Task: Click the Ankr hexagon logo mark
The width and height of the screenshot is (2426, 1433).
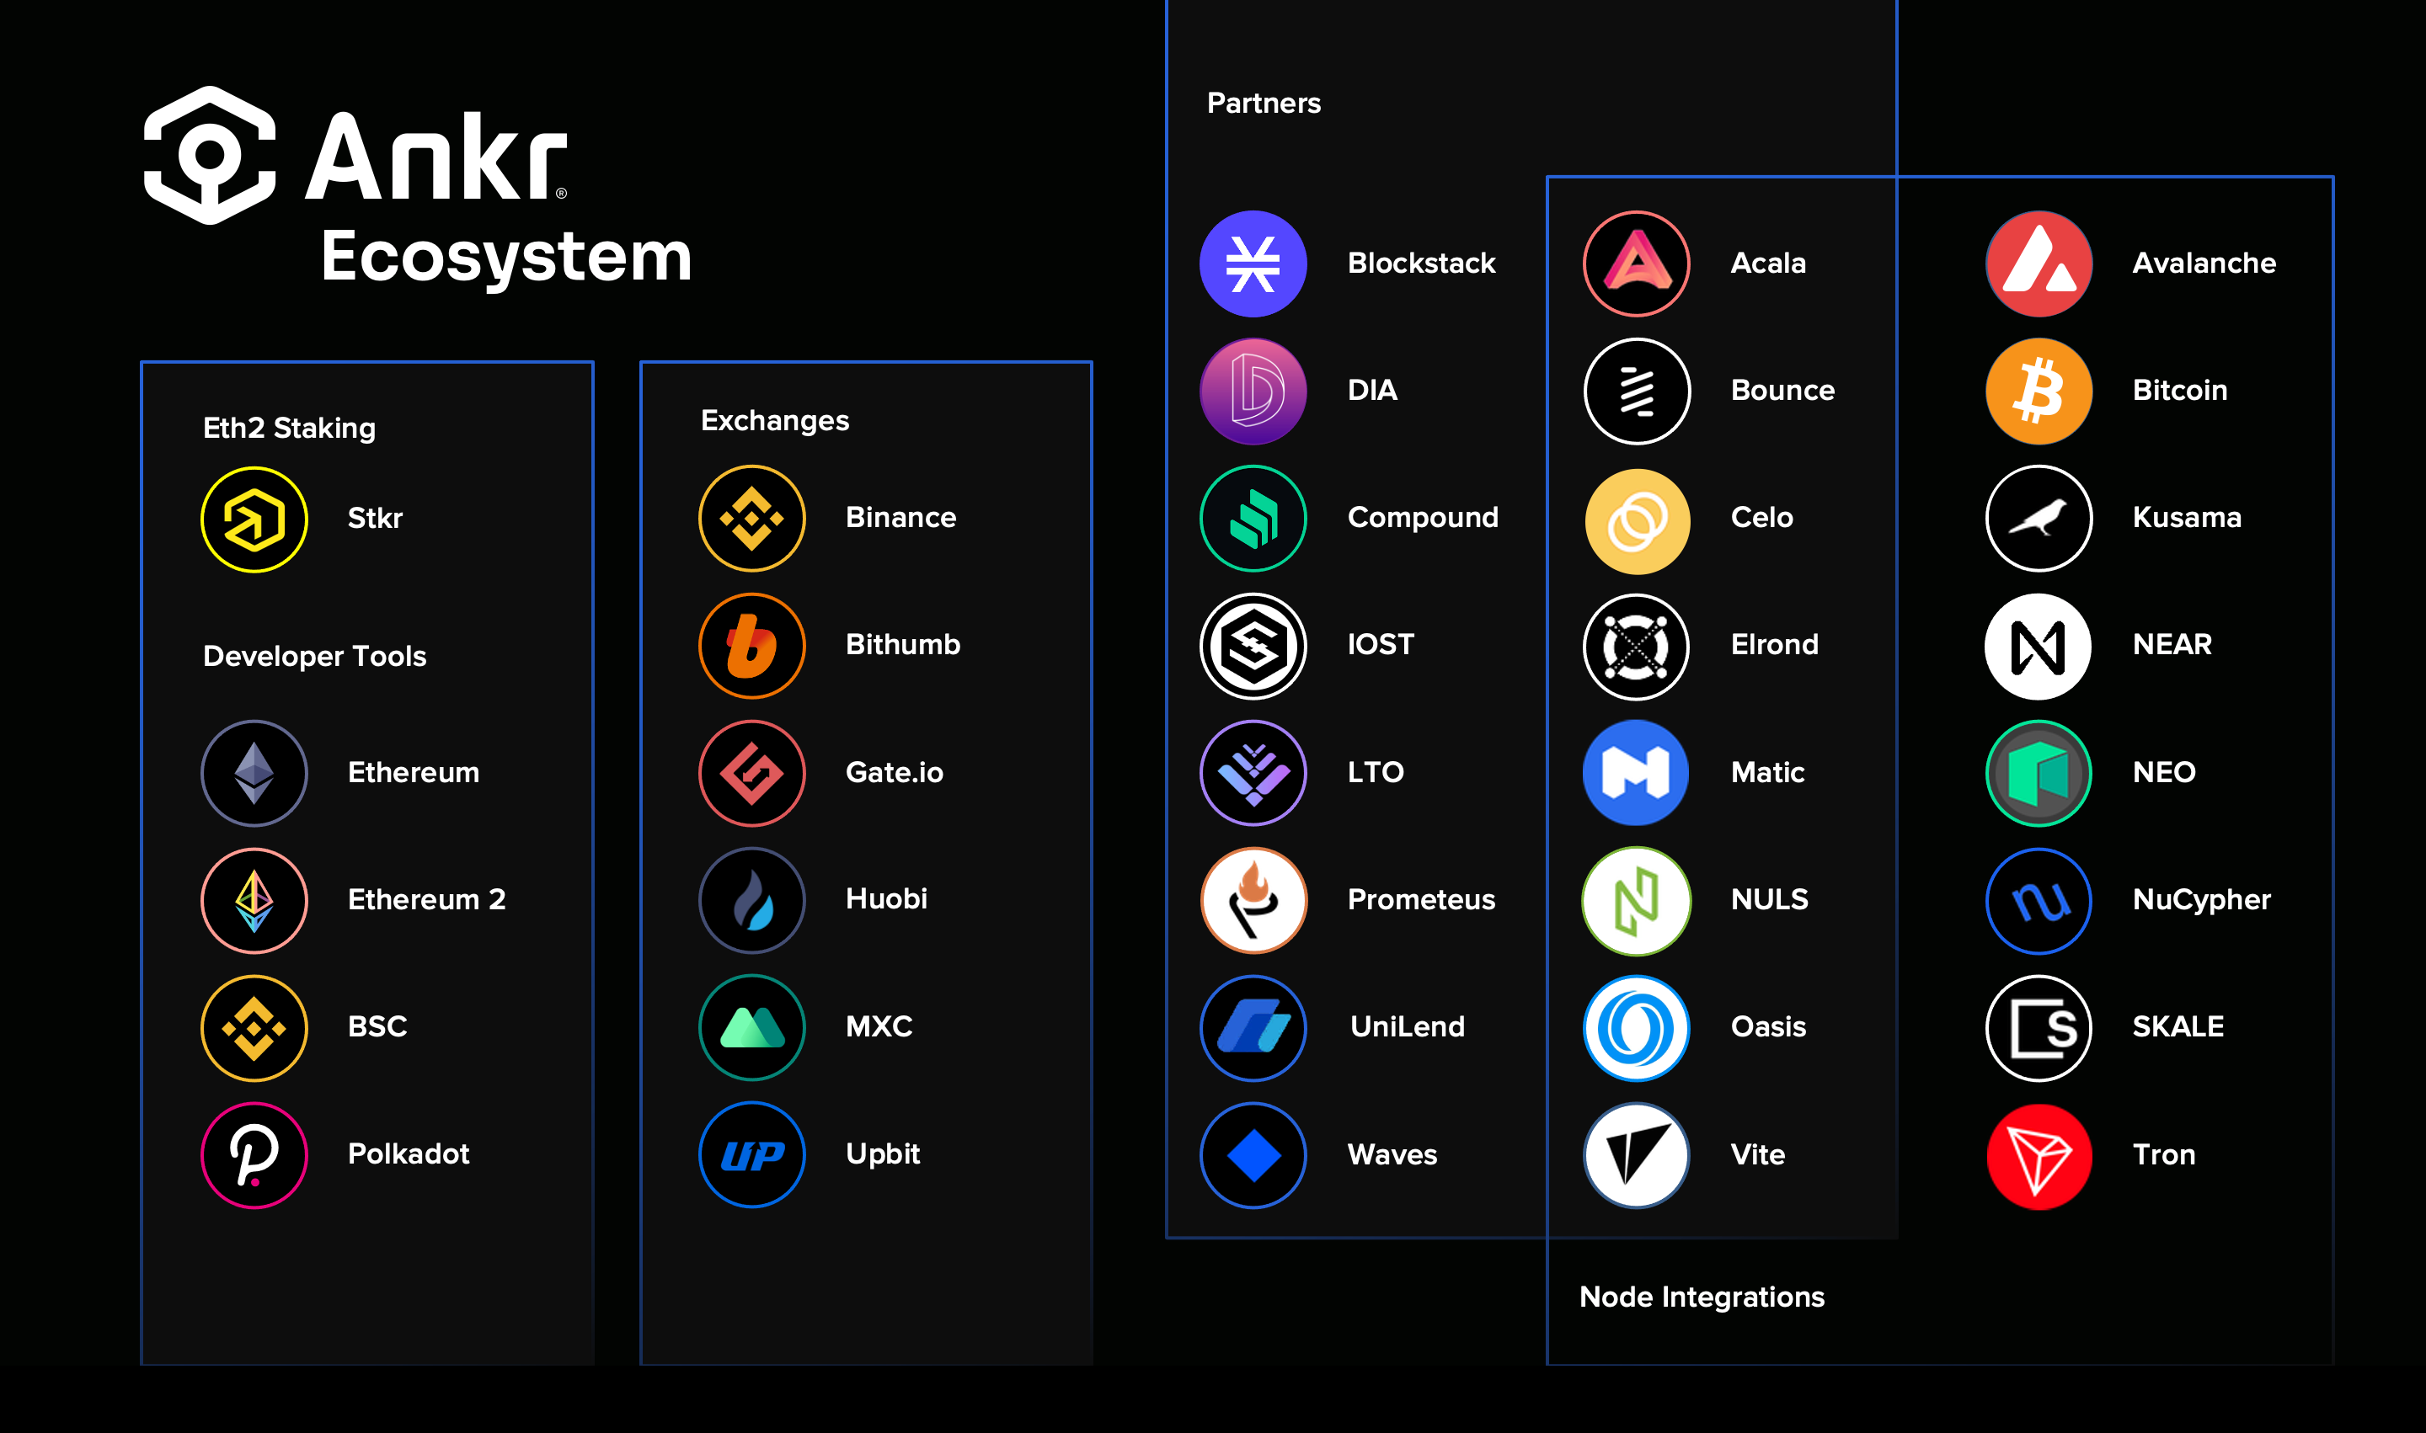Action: click(x=211, y=156)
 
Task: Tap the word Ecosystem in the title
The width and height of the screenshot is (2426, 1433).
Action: click(x=506, y=257)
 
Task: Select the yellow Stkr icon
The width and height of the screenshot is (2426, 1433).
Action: click(x=254, y=519)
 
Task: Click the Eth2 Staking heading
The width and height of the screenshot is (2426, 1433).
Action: click(x=289, y=428)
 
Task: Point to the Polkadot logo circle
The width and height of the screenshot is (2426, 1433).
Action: click(x=254, y=1155)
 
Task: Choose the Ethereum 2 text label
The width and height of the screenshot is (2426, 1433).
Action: click(x=427, y=899)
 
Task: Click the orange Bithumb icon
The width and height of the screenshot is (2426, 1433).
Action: click(x=751, y=645)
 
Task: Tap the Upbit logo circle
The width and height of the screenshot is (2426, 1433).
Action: click(x=751, y=1155)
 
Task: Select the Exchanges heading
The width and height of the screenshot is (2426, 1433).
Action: click(x=775, y=420)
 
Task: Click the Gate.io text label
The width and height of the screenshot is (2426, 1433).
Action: click(x=895, y=773)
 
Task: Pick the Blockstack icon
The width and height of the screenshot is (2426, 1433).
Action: click(x=1253, y=264)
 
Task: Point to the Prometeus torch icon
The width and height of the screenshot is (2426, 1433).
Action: click(x=1253, y=900)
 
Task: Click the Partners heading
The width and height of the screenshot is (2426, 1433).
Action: click(x=1264, y=104)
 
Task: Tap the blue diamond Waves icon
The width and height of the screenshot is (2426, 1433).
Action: click(x=1253, y=1155)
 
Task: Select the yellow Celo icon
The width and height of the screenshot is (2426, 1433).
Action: click(x=1637, y=520)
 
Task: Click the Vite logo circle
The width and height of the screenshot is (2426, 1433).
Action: click(x=1637, y=1155)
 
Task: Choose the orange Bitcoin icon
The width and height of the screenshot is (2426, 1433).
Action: click(x=2039, y=391)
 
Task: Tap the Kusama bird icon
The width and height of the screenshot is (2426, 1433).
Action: click(x=2039, y=519)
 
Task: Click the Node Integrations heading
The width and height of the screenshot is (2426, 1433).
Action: click(x=1702, y=1297)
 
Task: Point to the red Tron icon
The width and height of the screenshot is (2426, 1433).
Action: click(x=2039, y=1156)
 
